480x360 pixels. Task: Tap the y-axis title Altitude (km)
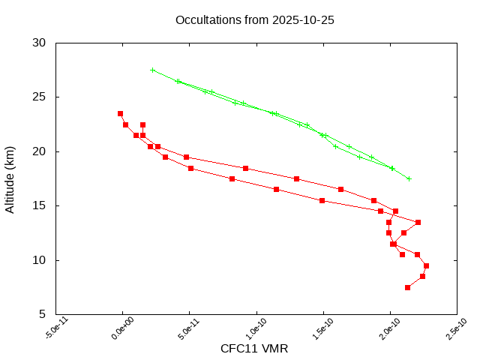[x=10, y=178]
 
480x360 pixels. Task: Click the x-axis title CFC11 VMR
[x=254, y=349]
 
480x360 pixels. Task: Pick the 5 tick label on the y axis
[x=43, y=315]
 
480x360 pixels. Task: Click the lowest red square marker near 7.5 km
[x=407, y=287]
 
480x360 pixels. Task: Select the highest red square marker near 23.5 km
[x=120, y=113]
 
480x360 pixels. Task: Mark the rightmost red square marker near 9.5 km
[x=426, y=265]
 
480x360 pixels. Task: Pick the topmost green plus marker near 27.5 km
[x=153, y=70]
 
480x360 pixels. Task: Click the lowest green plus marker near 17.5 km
[x=409, y=178]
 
